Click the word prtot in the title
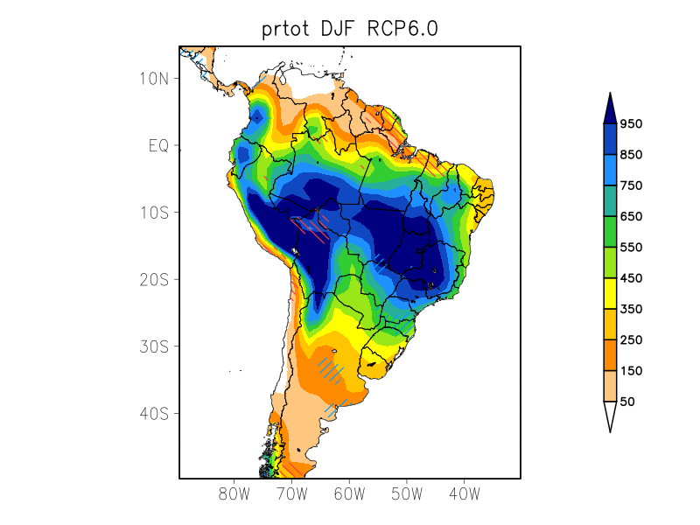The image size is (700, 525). click(x=290, y=29)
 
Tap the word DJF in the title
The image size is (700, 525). click(x=348, y=29)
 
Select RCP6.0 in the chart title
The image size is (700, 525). click(x=404, y=29)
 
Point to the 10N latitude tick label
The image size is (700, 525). click(x=153, y=78)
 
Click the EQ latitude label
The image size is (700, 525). click(x=158, y=145)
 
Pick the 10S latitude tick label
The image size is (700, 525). click(x=153, y=213)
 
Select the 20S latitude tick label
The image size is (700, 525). click(x=153, y=279)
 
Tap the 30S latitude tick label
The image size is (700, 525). click(x=153, y=346)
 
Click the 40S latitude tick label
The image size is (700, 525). click(x=153, y=413)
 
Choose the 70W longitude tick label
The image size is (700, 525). click(x=291, y=493)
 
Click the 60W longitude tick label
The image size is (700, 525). click(x=349, y=493)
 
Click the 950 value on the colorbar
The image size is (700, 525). click(x=631, y=123)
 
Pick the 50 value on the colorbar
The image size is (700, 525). click(x=627, y=402)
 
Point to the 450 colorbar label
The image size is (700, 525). click(x=631, y=278)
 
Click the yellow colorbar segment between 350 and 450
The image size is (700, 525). click(x=610, y=293)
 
